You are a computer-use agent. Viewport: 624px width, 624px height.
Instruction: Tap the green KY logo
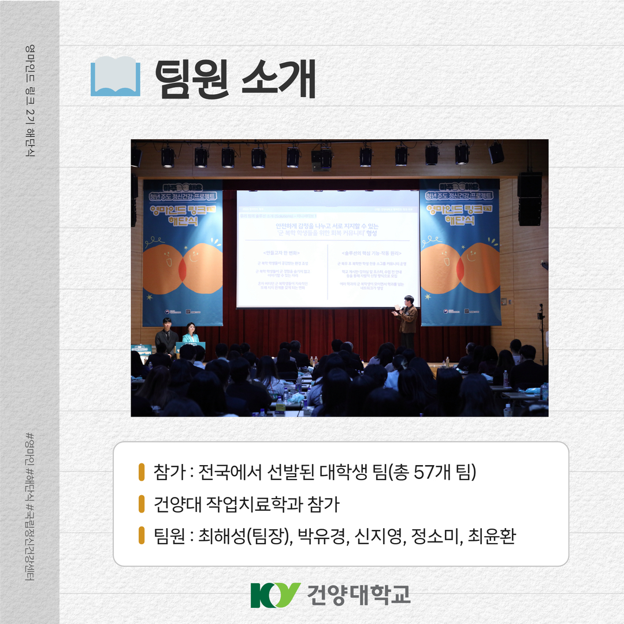[275, 595]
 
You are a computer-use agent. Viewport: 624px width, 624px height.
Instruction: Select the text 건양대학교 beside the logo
[359, 595]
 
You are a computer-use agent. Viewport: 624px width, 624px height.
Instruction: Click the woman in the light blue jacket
[190, 333]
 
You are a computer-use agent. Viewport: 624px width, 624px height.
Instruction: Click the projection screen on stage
[328, 248]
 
